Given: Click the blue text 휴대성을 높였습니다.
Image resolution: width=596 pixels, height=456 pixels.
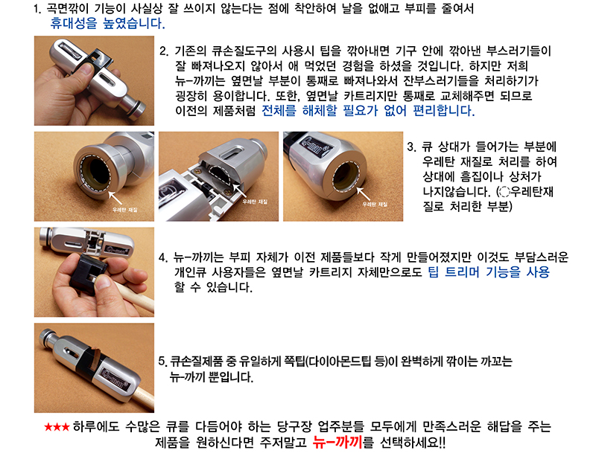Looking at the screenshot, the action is click(x=107, y=24).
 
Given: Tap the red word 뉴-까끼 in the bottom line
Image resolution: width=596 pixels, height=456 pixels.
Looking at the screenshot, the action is click(x=337, y=442).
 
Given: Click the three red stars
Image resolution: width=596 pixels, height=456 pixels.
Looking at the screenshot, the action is click(x=57, y=427).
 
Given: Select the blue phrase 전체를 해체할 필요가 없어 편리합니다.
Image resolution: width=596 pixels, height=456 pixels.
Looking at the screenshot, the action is click(x=368, y=111).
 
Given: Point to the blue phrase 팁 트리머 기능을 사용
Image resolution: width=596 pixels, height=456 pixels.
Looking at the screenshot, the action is click(x=489, y=272).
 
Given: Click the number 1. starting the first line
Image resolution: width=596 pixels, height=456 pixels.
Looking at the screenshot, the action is click(x=37, y=8).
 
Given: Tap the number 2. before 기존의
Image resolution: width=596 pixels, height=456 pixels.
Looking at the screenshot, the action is click(x=164, y=51).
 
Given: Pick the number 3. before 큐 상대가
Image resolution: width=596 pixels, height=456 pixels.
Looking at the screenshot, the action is click(x=412, y=147).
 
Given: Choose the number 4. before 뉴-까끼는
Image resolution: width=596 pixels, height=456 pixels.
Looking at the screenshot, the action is click(x=163, y=257).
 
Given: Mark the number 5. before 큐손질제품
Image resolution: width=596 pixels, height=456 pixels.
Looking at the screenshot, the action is click(x=162, y=361).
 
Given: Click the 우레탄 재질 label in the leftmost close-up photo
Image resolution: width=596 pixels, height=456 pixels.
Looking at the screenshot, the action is click(x=125, y=210).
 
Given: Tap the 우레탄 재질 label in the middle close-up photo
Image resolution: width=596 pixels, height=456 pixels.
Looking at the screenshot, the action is click(x=255, y=202).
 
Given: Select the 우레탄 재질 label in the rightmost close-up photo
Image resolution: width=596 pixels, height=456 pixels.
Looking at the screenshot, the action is click(x=375, y=205).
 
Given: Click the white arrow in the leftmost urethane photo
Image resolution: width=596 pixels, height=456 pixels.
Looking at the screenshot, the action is click(x=115, y=199).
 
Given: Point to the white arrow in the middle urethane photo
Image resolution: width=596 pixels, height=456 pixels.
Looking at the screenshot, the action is click(x=239, y=190).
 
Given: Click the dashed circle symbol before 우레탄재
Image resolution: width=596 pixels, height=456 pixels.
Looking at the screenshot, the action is click(x=504, y=192).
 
